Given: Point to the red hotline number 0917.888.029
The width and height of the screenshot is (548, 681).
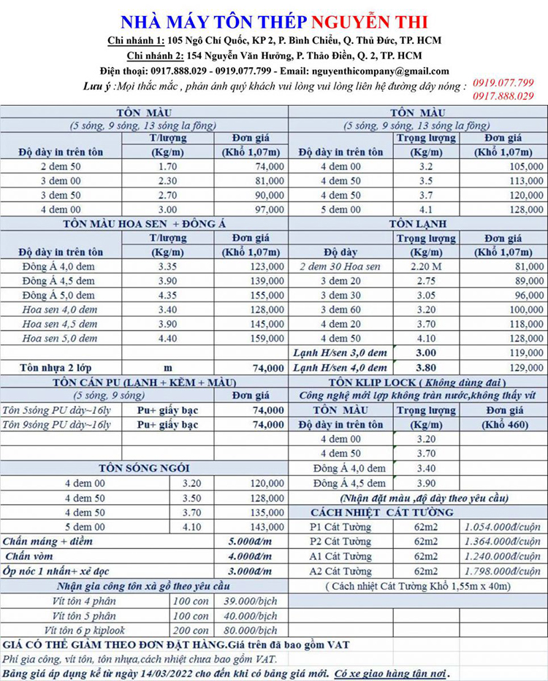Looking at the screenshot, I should [x=503, y=96].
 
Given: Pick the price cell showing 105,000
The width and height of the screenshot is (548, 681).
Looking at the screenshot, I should [x=524, y=166].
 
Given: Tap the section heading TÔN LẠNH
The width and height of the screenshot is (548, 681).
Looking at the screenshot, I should [x=418, y=223].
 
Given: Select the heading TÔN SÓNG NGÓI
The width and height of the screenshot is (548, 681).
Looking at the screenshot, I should [x=143, y=468].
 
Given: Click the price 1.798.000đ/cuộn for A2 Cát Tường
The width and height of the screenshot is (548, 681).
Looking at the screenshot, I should [x=503, y=571].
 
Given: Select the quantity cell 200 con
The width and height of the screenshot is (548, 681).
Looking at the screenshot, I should [x=191, y=630].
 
